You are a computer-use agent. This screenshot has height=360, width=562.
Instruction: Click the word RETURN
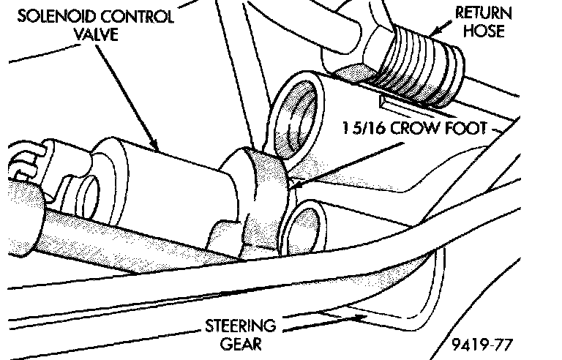pyautogui.click(x=484, y=13)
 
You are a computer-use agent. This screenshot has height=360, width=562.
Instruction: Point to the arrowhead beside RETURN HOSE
pyautogui.click(x=432, y=32)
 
